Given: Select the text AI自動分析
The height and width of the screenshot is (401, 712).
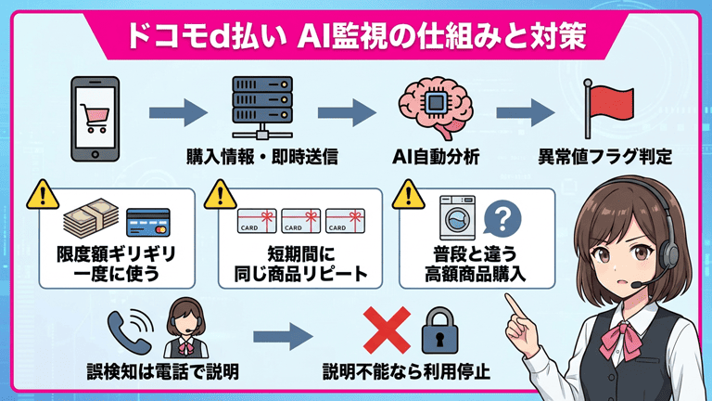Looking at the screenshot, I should [436, 157].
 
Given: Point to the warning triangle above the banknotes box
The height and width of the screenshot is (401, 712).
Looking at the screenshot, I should [41, 195].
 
